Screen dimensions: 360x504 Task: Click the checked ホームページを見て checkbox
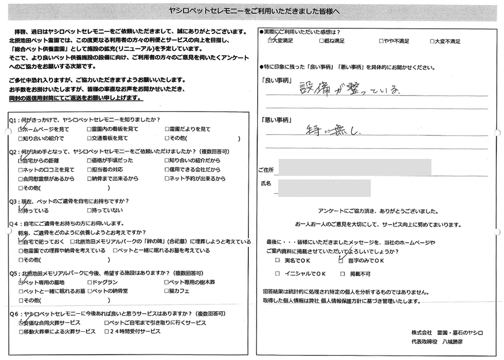[x=21, y=130]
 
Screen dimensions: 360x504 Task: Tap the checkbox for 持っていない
[x=89, y=211]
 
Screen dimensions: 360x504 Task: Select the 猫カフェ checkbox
[x=166, y=291]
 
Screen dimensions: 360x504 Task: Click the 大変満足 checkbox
[x=271, y=41]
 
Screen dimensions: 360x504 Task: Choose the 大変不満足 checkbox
[x=431, y=41]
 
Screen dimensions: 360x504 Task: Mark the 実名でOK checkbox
[x=278, y=261]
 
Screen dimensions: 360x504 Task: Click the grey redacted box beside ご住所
[x=354, y=168]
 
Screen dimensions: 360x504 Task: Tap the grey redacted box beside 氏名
[x=324, y=188]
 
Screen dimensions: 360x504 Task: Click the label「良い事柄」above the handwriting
[x=277, y=81]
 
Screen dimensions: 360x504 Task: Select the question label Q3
[x=14, y=202]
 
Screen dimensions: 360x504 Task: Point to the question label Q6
[x=14, y=314]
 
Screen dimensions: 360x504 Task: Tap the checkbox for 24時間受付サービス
[x=106, y=332]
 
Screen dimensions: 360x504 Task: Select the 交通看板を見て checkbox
[x=89, y=138]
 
